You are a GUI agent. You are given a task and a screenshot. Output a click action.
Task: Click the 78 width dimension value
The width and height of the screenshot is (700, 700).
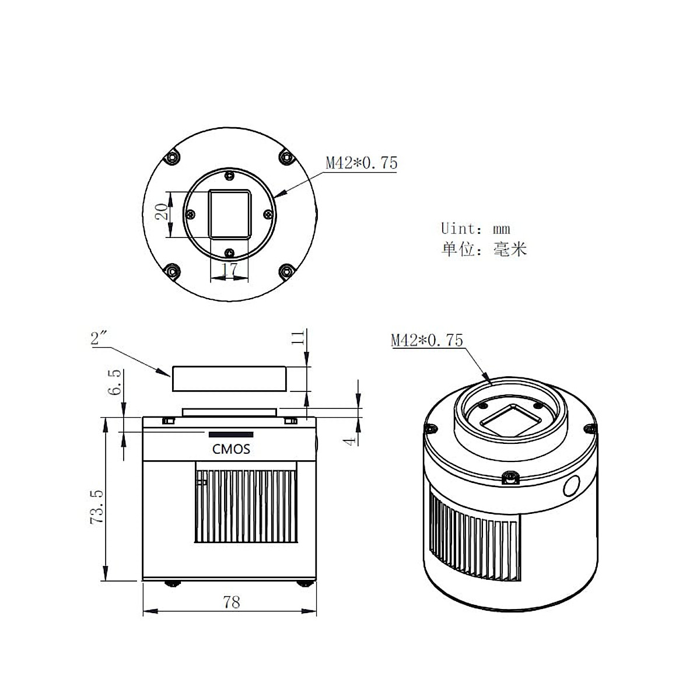(232, 602)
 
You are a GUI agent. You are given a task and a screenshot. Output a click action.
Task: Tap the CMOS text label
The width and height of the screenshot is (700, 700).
(230, 449)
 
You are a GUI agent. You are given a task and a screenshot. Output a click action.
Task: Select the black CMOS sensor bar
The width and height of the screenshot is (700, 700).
(232, 435)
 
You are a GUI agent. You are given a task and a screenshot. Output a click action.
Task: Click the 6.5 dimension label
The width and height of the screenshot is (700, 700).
(115, 382)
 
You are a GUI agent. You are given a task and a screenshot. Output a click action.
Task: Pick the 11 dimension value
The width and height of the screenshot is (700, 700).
(299, 338)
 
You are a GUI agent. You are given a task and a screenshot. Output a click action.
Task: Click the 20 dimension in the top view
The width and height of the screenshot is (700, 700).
(165, 211)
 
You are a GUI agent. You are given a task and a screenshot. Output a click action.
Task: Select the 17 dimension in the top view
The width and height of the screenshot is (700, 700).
(230, 270)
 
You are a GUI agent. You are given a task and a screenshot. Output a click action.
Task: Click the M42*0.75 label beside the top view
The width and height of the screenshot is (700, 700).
(361, 163)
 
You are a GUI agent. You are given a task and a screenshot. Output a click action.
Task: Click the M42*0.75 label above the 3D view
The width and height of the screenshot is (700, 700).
(426, 339)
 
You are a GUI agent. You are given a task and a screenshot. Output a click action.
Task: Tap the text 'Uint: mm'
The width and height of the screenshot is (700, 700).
(475, 228)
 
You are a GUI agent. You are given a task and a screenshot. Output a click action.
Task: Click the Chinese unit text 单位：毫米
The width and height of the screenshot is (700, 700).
(484, 250)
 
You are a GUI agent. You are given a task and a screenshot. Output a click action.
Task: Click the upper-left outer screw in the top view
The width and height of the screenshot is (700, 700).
(172, 157)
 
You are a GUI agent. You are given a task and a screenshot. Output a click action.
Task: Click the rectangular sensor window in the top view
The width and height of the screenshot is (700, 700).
(230, 213)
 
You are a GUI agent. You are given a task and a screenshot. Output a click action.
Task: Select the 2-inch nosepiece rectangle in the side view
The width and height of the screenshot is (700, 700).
(229, 379)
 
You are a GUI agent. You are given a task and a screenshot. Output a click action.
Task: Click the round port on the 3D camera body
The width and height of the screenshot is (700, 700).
(572, 486)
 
